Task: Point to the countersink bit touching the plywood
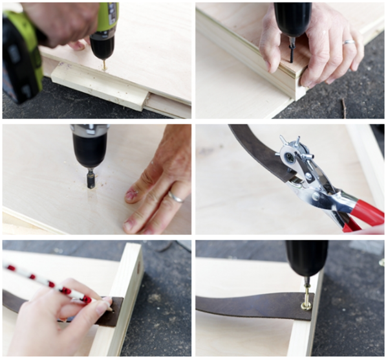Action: click(91, 178)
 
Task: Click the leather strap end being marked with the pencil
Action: click(110, 311)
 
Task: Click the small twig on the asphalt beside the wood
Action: click(343, 108)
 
